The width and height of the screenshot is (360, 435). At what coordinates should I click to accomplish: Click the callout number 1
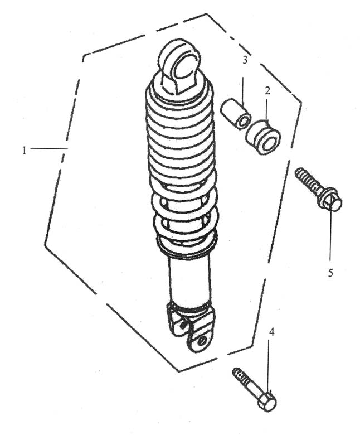[25, 151]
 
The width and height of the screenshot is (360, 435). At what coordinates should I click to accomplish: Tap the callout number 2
[267, 90]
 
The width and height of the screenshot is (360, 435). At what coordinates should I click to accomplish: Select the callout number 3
[245, 60]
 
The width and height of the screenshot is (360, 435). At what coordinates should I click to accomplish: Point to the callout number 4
[271, 332]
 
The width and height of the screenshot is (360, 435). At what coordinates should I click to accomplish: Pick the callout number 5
[330, 272]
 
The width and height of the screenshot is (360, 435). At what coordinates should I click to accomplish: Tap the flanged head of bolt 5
[331, 199]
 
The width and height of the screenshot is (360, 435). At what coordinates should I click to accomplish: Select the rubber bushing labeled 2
[263, 137]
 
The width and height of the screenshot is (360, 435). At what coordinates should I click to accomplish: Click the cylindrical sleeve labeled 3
[236, 114]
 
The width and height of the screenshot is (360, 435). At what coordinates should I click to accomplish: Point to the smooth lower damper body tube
[189, 279]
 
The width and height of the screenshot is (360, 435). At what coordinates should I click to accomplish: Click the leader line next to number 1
[49, 149]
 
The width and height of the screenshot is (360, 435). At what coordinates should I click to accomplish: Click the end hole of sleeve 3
[244, 122]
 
